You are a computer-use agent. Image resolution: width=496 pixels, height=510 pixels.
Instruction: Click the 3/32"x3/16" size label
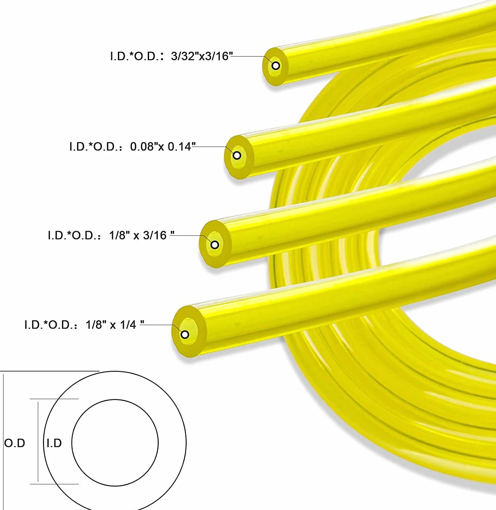pos(202,56)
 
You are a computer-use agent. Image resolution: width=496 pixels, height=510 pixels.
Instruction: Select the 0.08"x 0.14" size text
pos(163,146)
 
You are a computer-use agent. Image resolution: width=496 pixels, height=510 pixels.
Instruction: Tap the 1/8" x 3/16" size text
pos(141,235)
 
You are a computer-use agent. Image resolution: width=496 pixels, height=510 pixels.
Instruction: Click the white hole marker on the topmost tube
pos(276,66)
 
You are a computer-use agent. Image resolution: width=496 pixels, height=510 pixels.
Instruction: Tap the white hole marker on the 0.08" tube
pos(237,155)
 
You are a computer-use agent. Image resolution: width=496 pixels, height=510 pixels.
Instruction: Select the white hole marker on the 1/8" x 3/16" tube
pos(215,245)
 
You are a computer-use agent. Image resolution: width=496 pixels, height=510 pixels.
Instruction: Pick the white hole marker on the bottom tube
pos(185,334)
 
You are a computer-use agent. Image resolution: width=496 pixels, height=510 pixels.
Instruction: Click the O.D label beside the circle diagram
pos(15,443)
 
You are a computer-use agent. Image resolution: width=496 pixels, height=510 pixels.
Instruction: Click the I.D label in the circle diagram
pos(54,443)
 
